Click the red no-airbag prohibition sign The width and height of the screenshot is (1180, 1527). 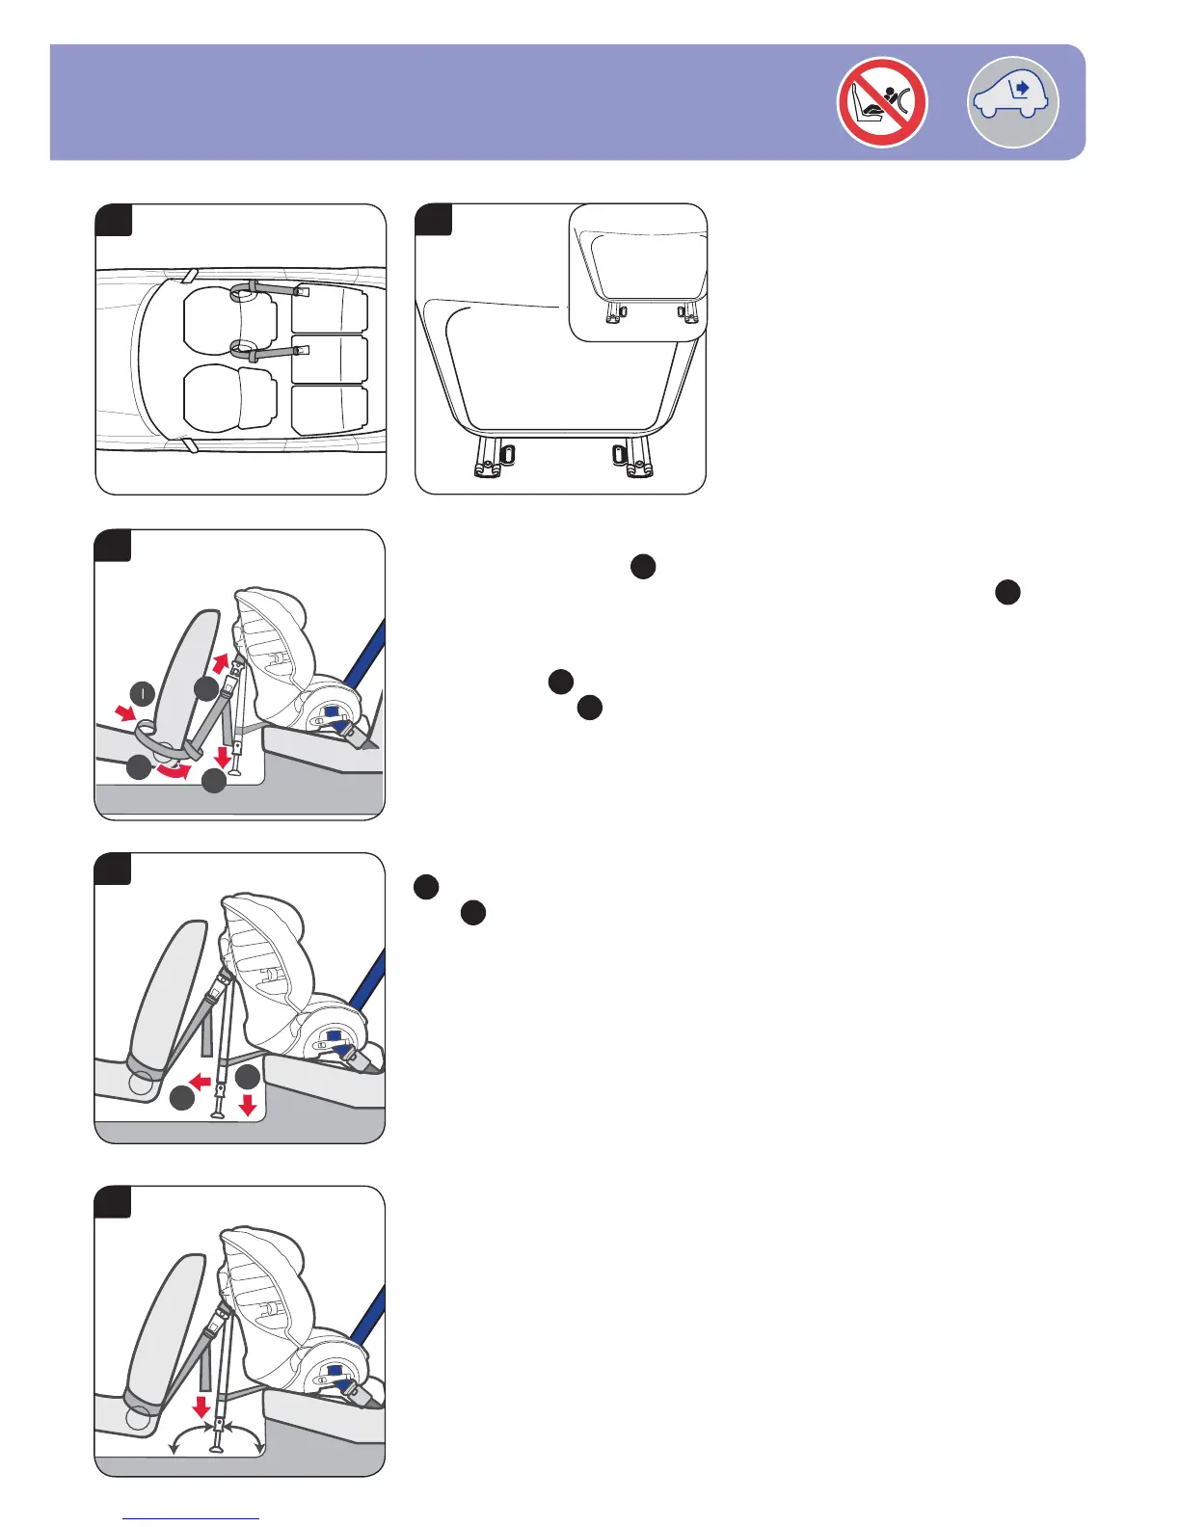coord(882,102)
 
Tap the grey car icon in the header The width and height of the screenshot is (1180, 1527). coord(1012,102)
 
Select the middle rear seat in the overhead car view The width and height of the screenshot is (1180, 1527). coord(330,360)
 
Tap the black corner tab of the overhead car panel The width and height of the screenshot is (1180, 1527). coord(114,219)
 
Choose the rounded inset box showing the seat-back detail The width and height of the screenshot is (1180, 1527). coord(638,272)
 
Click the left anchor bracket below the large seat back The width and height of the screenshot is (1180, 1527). coord(492,460)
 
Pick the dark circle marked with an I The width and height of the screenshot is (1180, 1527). coord(142,693)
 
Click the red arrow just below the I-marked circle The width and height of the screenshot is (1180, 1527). coord(124,712)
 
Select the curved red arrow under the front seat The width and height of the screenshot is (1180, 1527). coord(174,771)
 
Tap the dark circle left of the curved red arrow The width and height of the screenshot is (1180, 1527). coord(139,767)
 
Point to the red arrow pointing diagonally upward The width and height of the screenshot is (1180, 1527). coord(221,663)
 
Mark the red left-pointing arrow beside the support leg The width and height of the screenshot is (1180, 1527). coord(201,1084)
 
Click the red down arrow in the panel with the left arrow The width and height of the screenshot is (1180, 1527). coord(247,1105)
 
